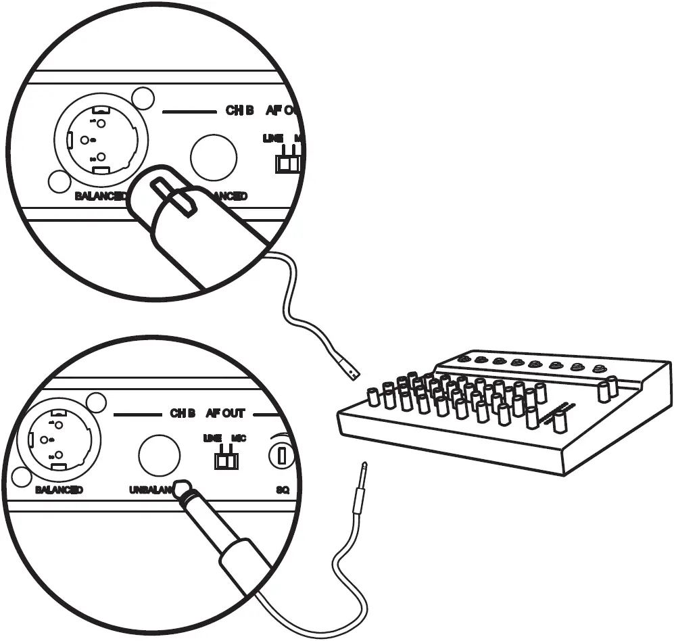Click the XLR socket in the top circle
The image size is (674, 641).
tap(101, 140)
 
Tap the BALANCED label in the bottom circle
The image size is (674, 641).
tap(59, 489)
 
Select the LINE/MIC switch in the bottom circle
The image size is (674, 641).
tap(226, 460)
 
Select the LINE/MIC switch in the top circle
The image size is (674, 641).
tap(289, 164)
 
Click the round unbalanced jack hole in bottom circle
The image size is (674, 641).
tap(159, 454)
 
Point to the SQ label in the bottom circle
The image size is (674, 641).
tap(283, 489)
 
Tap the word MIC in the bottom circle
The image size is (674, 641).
tap(239, 438)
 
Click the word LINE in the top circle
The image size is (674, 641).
tap(272, 139)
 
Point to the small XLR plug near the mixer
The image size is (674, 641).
tap(350, 369)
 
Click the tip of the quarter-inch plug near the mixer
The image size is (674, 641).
tap(364, 467)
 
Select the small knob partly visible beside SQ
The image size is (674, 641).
tap(281, 454)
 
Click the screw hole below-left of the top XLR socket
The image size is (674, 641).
tap(58, 181)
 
